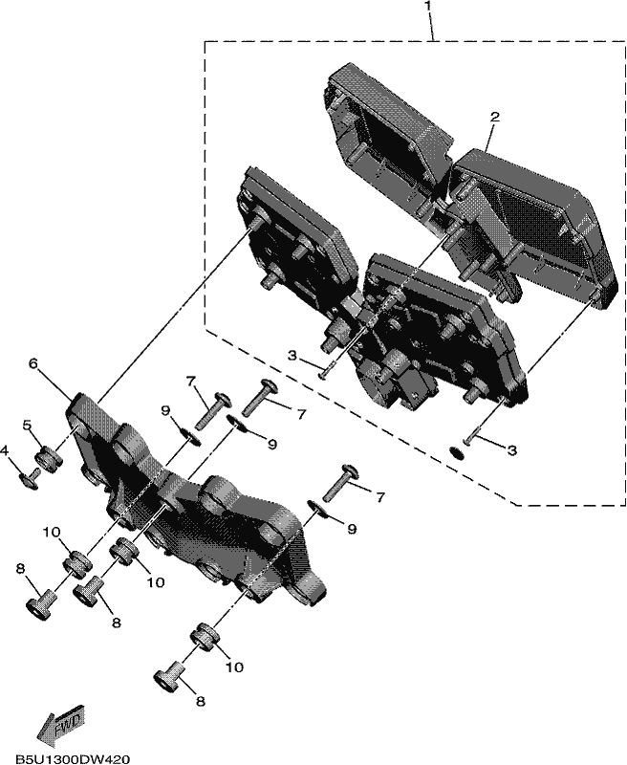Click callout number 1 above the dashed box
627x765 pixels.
[427, 6]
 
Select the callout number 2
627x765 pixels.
[494, 117]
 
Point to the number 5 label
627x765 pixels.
[28, 426]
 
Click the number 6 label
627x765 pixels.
[32, 363]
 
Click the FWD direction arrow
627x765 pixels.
[61, 726]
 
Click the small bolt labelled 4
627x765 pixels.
[30, 477]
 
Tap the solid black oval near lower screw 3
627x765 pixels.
[457, 452]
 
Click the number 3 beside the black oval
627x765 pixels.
[511, 450]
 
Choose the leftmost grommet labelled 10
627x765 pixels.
[77, 563]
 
